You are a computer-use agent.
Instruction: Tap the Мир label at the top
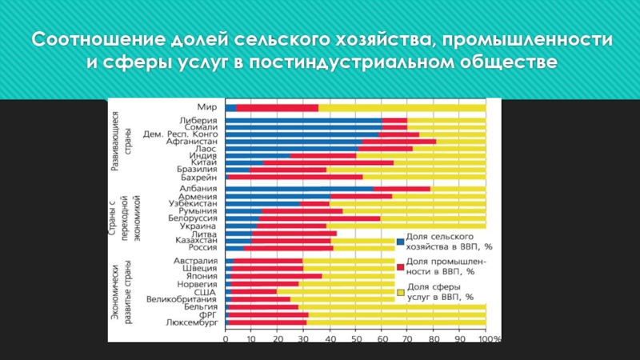pos(207,106)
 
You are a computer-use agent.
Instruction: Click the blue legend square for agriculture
pos(399,242)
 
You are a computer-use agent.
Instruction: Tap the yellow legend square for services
pos(399,293)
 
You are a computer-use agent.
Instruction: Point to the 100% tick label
pos(489,339)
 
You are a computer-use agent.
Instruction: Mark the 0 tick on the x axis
pos(226,339)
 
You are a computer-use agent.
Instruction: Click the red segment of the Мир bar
pos(277,107)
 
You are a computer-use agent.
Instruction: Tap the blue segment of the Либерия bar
pos(303,120)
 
